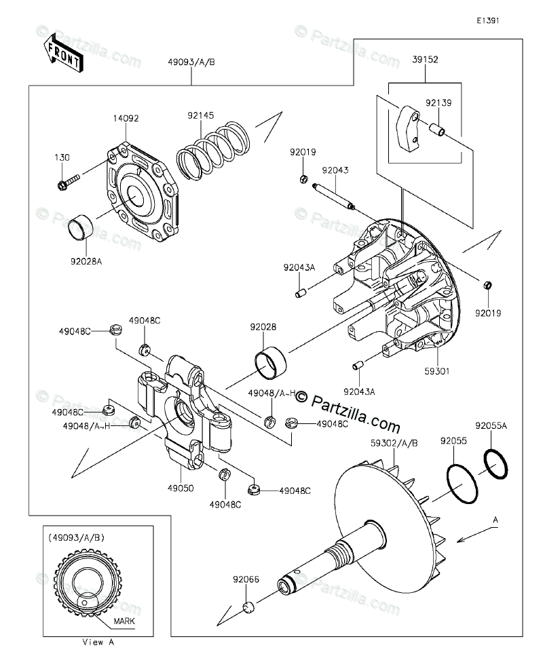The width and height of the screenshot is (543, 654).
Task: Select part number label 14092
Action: click(126, 118)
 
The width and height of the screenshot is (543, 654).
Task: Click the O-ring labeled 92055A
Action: click(496, 465)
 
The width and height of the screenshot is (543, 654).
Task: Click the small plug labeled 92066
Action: click(248, 607)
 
